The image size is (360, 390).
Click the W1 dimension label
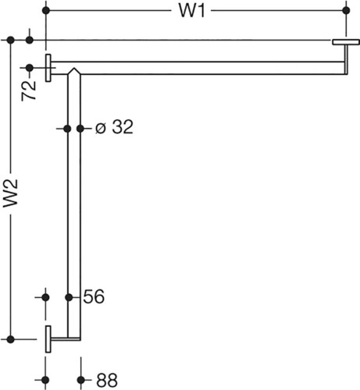coord(192,11)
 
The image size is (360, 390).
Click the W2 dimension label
coord(10,193)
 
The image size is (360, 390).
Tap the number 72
coord(29,90)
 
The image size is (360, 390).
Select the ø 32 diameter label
coord(114,127)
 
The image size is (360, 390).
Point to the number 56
coord(94,296)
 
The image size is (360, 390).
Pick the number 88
coord(107,380)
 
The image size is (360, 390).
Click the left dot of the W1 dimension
coord(46,11)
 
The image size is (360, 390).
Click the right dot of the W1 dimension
coord(346,11)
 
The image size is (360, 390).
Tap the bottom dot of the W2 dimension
coord(10,339)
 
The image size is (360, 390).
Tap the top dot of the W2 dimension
coord(10,41)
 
